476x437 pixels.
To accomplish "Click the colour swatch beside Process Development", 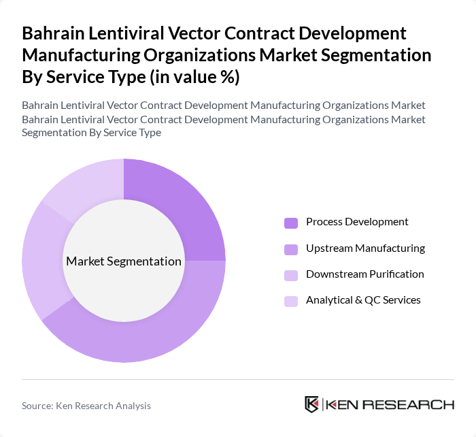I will pos(291,223).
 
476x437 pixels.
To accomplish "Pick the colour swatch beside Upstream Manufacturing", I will pos(291,248).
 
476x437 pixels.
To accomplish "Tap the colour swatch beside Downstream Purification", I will pos(291,275).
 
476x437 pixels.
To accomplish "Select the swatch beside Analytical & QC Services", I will pos(291,301).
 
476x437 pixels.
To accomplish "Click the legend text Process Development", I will pos(357,222).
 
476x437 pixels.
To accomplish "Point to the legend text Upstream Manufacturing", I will pos(365,248).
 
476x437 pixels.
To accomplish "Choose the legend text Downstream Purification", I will pos(364,274).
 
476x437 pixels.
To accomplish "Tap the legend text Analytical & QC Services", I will pos(363,300).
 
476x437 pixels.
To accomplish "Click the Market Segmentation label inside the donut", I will pos(124,261).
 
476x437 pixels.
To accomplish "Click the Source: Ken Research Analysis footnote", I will pos(86,406).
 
